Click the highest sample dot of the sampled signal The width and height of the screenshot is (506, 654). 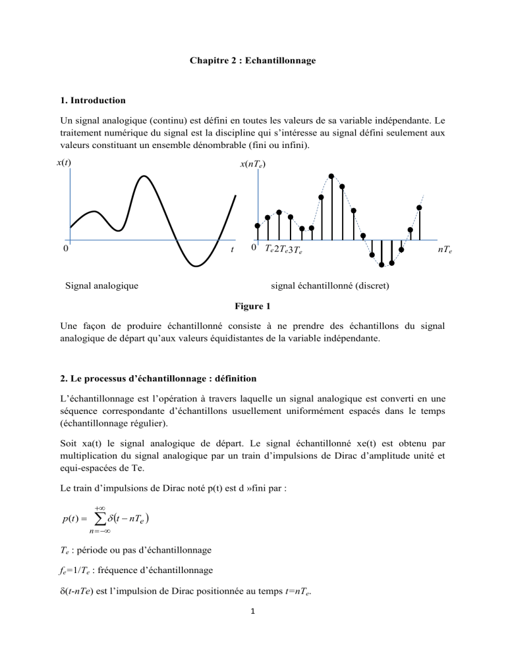(x=331, y=176)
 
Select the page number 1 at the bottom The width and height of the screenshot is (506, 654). (x=252, y=629)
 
